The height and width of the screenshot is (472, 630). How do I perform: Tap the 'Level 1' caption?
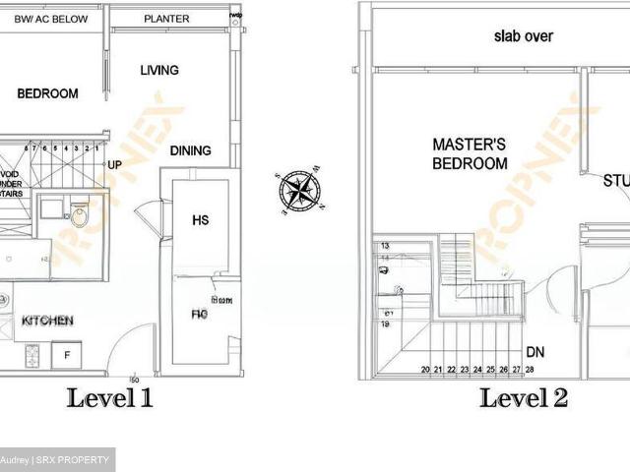click(x=109, y=398)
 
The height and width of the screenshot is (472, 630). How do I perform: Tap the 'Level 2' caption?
click(x=523, y=398)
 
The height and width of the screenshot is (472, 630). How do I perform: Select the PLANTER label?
click(x=166, y=19)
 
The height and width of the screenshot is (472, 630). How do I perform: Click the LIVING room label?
click(x=159, y=70)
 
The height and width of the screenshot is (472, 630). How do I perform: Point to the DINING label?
click(x=190, y=150)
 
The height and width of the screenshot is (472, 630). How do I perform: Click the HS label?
click(x=200, y=220)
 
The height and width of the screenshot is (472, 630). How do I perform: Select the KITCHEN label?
click(x=46, y=321)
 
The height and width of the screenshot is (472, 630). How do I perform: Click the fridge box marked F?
click(x=67, y=354)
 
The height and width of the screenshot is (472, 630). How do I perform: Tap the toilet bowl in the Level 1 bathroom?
click(x=79, y=215)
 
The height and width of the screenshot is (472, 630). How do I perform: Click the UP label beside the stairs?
click(x=114, y=165)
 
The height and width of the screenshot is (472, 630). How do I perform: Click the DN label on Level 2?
click(x=535, y=351)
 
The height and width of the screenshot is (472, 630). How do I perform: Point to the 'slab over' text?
click(x=523, y=36)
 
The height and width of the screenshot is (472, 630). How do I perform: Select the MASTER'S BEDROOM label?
click(x=470, y=154)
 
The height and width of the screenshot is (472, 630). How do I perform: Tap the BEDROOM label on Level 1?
click(x=47, y=93)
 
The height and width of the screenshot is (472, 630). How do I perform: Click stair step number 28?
click(x=530, y=370)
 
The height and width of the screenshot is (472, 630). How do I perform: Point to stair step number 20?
click(x=425, y=370)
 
